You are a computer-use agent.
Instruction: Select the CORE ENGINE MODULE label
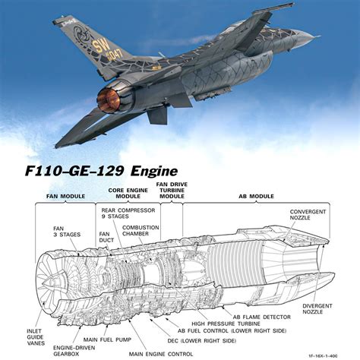tap(126, 194)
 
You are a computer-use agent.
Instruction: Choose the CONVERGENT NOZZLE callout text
tap(312, 216)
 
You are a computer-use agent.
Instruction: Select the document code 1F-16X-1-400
tap(334, 354)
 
